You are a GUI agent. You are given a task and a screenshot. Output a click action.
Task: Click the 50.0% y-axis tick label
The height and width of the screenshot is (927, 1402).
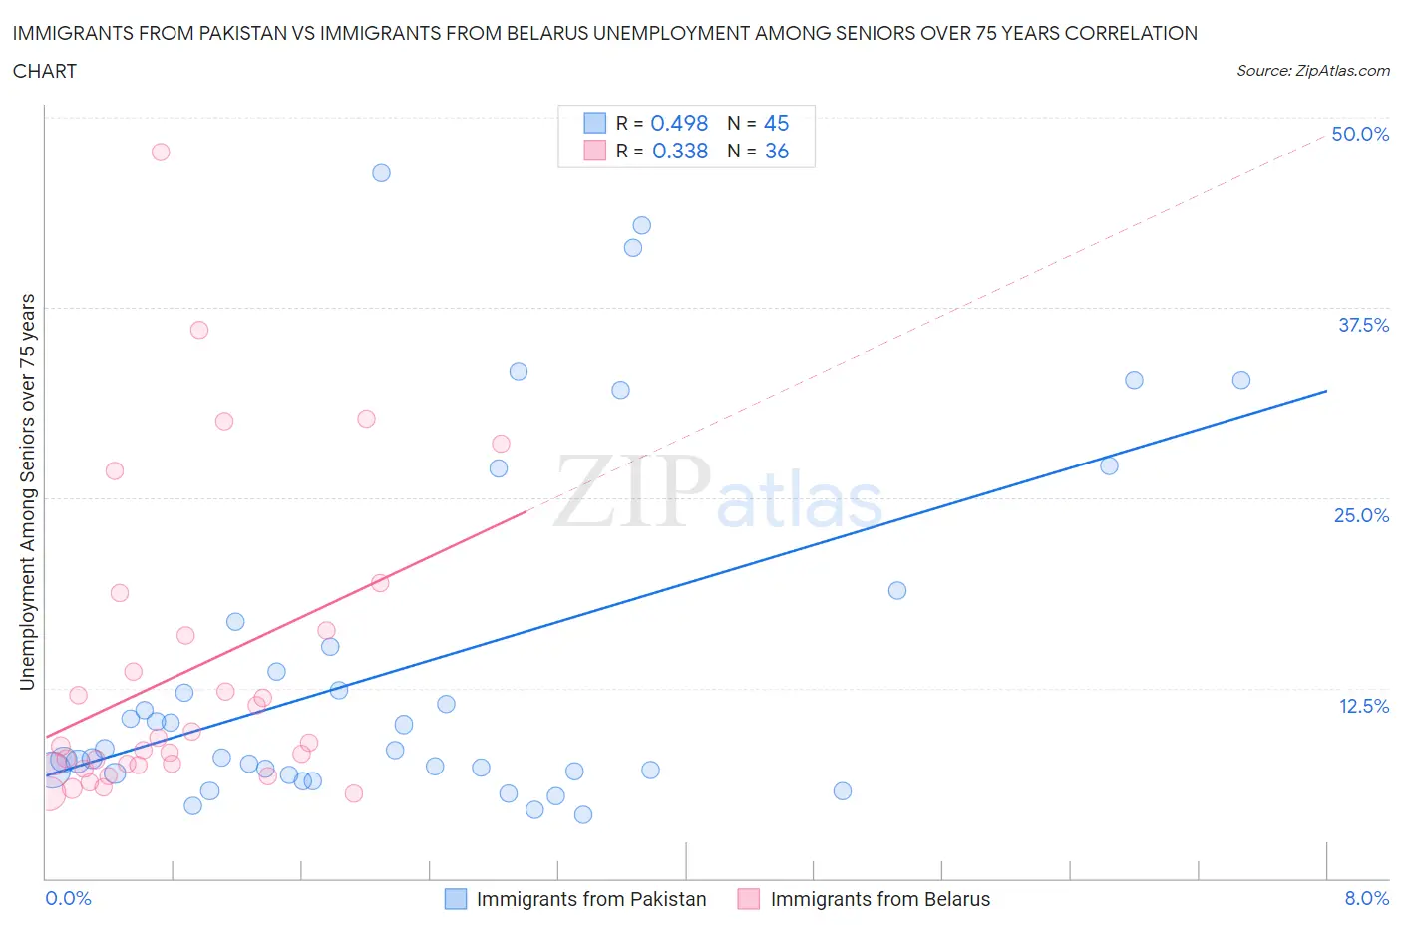tap(1360, 134)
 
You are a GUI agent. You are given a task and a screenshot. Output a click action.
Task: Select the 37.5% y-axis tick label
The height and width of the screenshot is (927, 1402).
tap(1363, 325)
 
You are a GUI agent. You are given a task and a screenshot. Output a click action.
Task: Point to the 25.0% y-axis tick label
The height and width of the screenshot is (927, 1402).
tap(1361, 515)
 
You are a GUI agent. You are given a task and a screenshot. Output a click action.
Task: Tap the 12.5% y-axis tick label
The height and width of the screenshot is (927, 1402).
tap(1363, 706)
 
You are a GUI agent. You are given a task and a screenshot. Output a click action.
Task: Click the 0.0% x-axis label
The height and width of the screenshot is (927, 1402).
tap(68, 898)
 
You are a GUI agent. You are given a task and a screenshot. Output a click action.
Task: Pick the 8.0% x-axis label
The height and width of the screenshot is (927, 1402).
tap(1366, 898)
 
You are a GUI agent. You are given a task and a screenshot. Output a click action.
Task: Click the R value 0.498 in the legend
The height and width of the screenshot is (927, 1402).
tap(679, 123)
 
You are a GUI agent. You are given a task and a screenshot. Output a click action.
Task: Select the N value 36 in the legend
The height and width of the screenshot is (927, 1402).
tap(776, 151)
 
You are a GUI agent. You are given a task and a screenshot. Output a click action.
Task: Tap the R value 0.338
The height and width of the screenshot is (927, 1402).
tap(679, 151)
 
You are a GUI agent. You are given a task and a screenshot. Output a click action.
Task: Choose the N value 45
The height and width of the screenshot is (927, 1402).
tap(776, 123)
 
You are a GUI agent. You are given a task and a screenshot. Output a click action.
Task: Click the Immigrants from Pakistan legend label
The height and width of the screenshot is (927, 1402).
tap(590, 899)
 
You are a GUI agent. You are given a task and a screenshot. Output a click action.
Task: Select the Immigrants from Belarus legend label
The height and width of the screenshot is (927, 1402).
tap(879, 899)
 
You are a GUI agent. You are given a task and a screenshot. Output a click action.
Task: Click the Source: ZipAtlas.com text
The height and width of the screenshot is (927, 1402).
tap(1312, 70)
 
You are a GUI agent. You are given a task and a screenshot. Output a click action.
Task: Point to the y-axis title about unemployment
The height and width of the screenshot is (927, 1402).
tap(27, 492)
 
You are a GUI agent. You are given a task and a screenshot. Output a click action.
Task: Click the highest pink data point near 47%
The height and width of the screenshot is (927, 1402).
tap(161, 152)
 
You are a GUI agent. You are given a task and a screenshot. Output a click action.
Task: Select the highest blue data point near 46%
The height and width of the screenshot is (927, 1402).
tap(381, 172)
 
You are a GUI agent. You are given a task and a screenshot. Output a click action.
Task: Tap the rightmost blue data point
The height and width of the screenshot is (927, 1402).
tap(1240, 380)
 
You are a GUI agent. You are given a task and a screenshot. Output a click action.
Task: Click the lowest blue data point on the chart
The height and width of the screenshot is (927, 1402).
tap(583, 814)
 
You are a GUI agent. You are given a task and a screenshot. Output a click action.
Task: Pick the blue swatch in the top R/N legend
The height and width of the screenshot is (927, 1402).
tap(594, 123)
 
